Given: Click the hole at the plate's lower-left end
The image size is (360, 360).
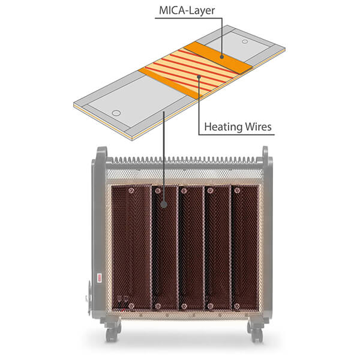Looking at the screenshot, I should point(116,112).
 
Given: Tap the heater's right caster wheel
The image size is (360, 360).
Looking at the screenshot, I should point(256,332).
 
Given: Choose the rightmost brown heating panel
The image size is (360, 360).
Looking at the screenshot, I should point(245,246).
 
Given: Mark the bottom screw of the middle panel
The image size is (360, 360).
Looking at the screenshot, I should point(184,306).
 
